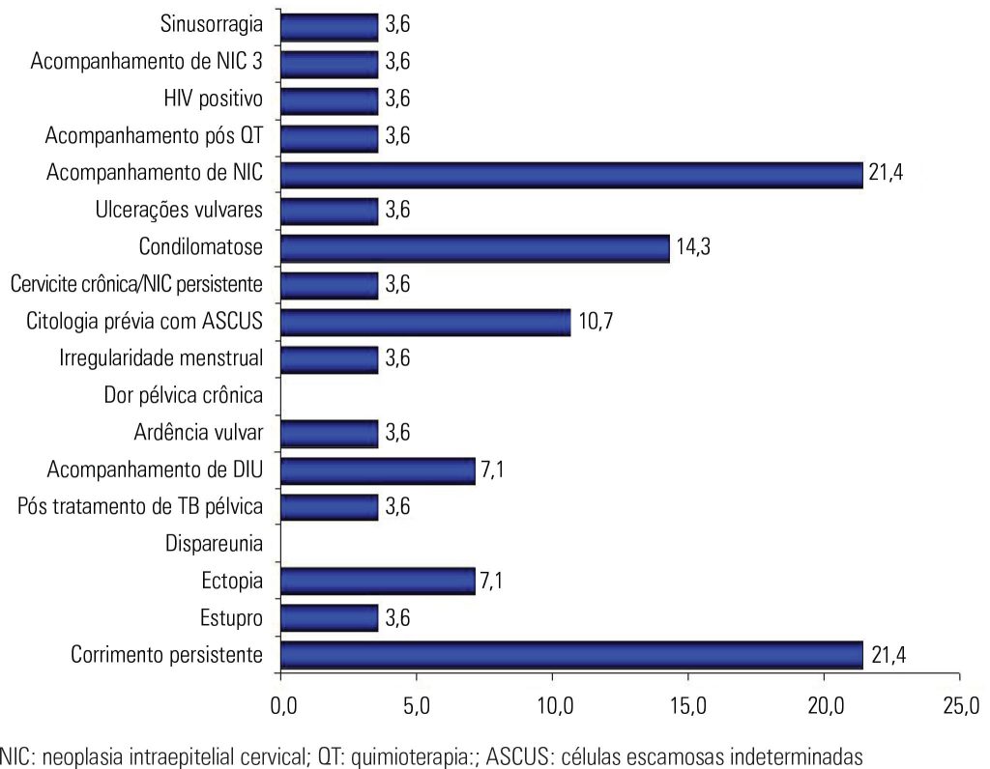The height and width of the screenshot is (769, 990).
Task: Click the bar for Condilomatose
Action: (x=475, y=248)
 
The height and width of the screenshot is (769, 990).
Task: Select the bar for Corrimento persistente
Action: (x=571, y=655)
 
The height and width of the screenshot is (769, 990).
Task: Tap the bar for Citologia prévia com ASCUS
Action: (x=425, y=322)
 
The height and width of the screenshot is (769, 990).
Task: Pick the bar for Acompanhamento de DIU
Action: (x=377, y=470)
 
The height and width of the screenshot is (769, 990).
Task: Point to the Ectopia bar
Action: (x=377, y=582)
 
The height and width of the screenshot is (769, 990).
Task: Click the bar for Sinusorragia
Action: (x=329, y=27)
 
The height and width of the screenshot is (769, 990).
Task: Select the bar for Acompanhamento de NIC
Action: (x=571, y=174)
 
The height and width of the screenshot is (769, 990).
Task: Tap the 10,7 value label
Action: (x=597, y=322)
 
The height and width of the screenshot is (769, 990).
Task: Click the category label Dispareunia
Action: (x=215, y=544)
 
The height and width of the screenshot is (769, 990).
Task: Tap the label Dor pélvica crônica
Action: (x=183, y=396)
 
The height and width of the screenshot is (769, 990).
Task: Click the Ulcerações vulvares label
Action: (x=180, y=211)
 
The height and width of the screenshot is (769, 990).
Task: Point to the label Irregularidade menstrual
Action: (x=161, y=358)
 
